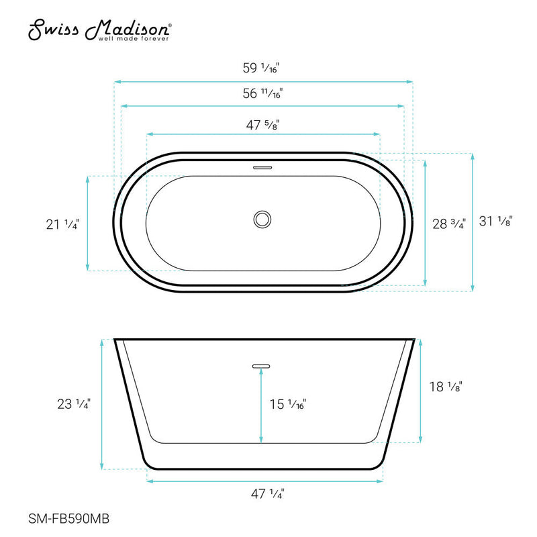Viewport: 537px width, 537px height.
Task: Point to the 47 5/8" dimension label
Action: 262,124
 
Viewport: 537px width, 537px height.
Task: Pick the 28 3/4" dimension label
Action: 448,225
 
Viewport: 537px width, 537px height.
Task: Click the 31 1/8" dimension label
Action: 496,221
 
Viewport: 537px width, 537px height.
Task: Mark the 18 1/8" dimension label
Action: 446,386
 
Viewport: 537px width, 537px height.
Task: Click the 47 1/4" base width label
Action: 266,494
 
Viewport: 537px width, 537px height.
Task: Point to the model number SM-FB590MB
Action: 70,518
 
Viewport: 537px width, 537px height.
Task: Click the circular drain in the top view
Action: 262,219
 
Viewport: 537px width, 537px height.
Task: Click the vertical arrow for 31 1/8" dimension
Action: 473,222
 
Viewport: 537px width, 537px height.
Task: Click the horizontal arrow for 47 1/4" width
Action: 265,481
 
